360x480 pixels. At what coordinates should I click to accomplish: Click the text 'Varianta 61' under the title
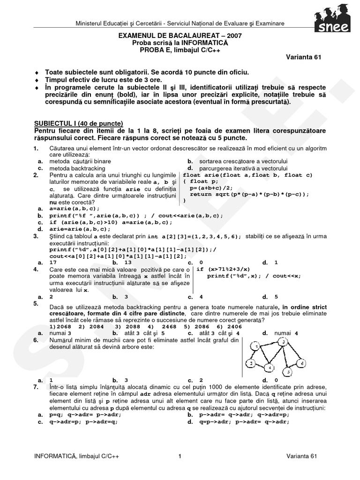click(304, 57)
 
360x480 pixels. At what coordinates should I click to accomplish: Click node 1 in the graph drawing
click(255, 347)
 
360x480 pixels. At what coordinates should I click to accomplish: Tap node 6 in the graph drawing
click(302, 363)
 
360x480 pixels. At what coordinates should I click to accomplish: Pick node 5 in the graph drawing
click(289, 373)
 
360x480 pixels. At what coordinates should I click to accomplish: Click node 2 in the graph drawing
click(251, 363)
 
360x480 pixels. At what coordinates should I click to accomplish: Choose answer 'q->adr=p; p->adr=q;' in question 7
click(82, 421)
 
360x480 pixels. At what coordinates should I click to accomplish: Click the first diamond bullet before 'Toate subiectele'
click(37, 73)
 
